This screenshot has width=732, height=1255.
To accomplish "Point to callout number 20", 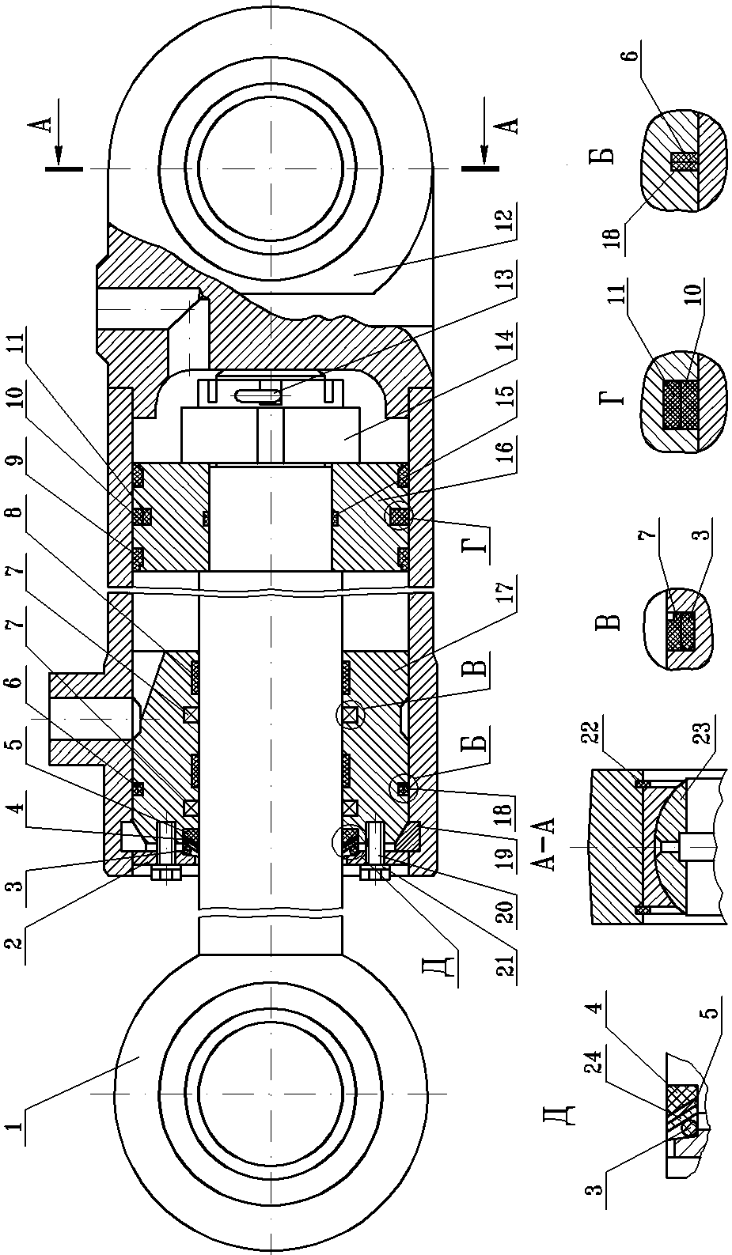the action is click(504, 914).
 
